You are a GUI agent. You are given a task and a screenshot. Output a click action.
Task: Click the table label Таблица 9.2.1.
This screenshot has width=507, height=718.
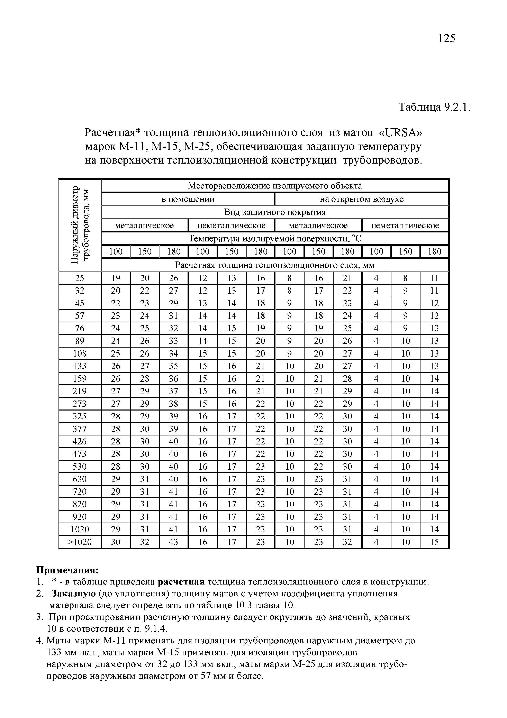click(x=434, y=107)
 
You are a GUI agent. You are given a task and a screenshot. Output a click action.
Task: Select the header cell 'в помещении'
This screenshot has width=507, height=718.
click(x=188, y=199)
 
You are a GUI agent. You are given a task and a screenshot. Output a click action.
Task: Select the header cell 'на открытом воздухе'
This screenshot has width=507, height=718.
click(x=362, y=199)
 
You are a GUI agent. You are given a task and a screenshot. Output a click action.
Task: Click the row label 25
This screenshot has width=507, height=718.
click(x=80, y=278)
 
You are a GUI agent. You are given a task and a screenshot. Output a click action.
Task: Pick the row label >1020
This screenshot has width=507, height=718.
click(x=80, y=542)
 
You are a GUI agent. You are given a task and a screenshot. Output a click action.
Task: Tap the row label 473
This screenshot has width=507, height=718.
click(x=80, y=454)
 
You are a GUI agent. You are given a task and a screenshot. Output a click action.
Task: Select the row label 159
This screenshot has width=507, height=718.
click(x=80, y=379)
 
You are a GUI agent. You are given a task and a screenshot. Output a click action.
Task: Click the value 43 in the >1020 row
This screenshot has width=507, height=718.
click(x=174, y=542)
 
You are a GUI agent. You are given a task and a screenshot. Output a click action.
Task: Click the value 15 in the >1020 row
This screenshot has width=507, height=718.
click(x=434, y=542)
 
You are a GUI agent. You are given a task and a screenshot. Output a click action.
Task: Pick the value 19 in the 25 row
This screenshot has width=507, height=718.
click(x=116, y=278)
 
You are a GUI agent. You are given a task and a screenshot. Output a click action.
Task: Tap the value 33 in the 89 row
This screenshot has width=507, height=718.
click(x=174, y=341)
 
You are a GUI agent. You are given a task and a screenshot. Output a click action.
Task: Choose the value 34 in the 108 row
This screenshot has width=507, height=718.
click(x=174, y=353)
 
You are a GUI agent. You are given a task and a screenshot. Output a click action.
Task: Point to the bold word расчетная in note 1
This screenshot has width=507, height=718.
click(x=181, y=582)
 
